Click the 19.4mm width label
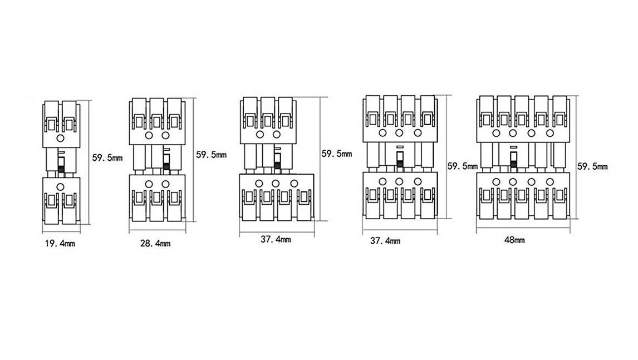60,244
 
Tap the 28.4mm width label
155,244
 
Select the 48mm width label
514,240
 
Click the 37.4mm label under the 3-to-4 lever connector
276,239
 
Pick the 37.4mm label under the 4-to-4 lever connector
385,241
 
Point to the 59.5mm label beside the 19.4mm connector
107,158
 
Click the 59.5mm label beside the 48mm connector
592,166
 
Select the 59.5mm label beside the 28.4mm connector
211,155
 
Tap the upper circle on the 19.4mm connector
60,139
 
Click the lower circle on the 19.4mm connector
60,187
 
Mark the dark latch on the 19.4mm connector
61,166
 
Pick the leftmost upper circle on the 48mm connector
496,133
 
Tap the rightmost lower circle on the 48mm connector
550,182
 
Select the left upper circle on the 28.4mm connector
149,135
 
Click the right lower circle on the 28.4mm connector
165,184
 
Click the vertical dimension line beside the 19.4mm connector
89,162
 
